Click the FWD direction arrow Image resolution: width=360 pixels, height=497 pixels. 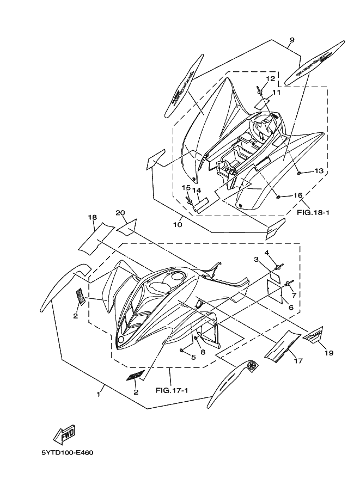(x=64, y=434)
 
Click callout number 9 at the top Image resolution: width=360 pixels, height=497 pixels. (x=291, y=40)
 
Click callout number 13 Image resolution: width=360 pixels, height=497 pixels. (x=319, y=171)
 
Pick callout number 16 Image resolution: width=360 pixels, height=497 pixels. (x=298, y=195)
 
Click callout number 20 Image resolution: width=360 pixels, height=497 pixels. (x=120, y=212)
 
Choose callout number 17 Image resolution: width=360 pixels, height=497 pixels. (x=298, y=360)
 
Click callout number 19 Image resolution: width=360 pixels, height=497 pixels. (x=330, y=353)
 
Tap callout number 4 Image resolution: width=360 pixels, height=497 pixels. (x=267, y=253)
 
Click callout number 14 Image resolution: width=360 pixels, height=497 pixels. (x=198, y=190)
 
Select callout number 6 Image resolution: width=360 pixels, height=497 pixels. (x=291, y=308)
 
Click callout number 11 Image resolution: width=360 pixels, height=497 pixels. (x=277, y=93)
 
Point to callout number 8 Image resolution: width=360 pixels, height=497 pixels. (x=203, y=352)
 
